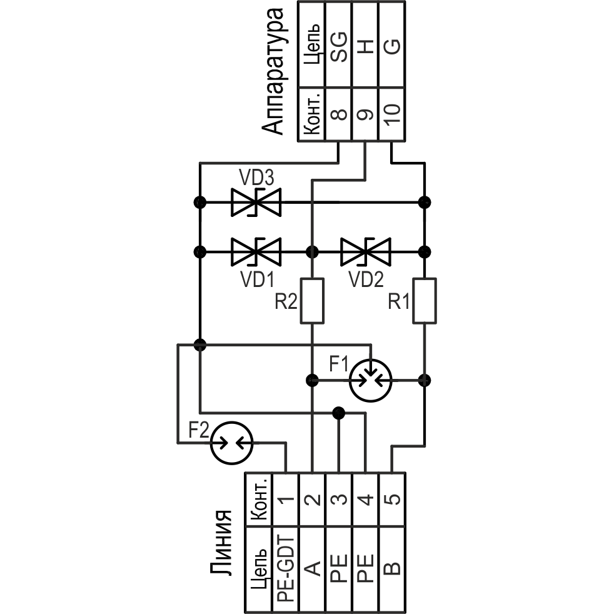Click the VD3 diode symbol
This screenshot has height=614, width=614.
(x=256, y=202)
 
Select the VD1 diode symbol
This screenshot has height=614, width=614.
(x=256, y=252)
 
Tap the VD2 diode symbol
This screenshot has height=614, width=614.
(x=366, y=252)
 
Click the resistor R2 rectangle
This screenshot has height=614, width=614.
(x=312, y=300)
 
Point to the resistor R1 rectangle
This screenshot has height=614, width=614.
(x=425, y=300)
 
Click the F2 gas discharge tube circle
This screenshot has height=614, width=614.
(x=231, y=442)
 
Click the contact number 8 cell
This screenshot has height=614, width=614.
(x=338, y=113)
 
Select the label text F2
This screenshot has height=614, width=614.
(x=199, y=431)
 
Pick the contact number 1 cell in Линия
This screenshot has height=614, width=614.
(x=285, y=499)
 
